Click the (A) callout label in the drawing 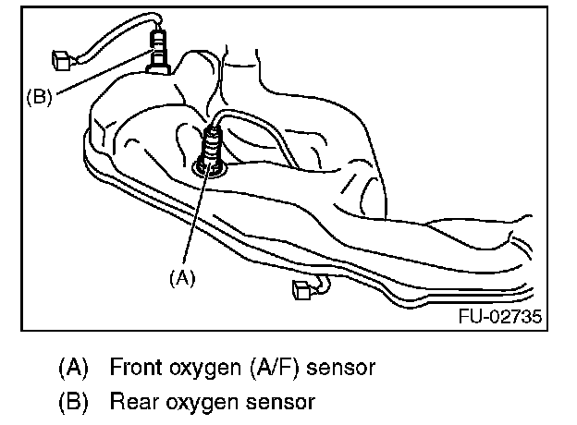[182, 275]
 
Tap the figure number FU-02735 [499, 317]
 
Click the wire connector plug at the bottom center [301, 291]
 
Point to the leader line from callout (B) [102, 79]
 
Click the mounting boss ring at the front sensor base [211, 167]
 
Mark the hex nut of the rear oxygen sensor [159, 61]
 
